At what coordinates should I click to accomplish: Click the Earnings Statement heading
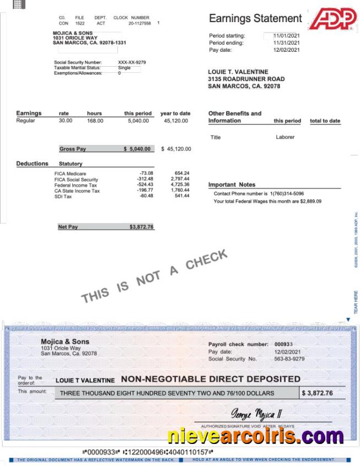255,19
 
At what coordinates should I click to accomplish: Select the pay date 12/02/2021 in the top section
287,50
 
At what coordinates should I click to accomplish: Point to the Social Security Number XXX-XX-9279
132,62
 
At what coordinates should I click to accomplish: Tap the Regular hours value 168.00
95,121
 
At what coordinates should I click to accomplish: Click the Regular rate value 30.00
65,121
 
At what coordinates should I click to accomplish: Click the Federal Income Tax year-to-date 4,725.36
180,185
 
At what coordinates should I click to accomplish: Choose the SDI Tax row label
63,196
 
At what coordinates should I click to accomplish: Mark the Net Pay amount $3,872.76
142,227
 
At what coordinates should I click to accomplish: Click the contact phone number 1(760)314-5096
287,194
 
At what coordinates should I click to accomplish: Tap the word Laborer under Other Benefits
285,137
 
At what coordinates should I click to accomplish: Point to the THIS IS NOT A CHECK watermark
154,276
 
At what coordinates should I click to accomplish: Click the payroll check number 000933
283,344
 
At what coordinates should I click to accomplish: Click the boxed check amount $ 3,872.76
317,393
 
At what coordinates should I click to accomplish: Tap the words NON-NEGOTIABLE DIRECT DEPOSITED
211,379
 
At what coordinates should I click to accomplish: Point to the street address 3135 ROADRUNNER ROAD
246,79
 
